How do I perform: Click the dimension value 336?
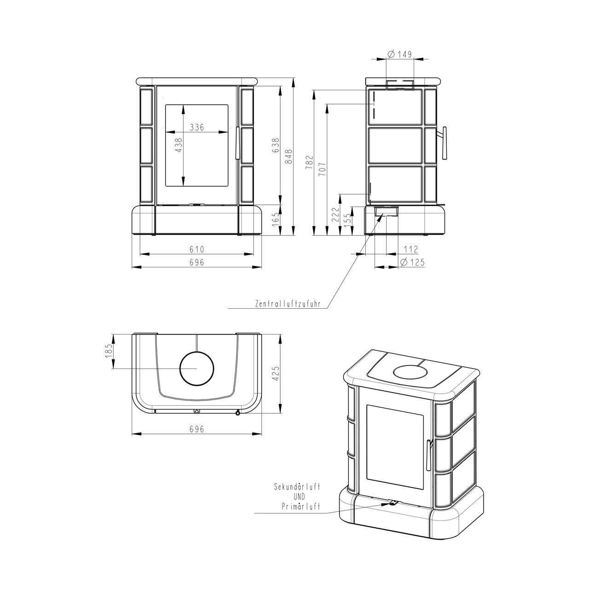click(x=196, y=127)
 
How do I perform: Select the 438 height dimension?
click(x=179, y=145)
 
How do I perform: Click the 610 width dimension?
click(x=196, y=249)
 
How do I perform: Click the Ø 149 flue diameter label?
click(x=400, y=54)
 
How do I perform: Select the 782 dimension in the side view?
click(x=309, y=162)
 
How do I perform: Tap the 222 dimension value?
click(x=335, y=214)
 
